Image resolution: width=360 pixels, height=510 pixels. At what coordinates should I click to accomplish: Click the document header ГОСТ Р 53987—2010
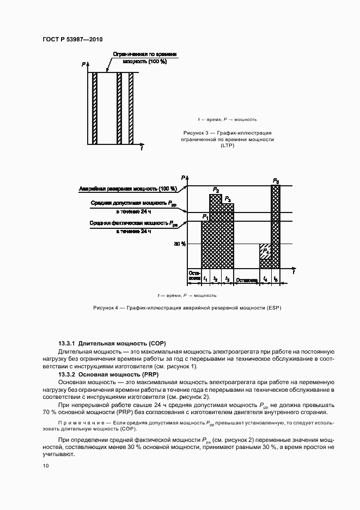pyautogui.click(x=72, y=39)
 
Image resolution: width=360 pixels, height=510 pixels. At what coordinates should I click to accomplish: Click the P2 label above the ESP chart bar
pyautogui.click(x=216, y=190)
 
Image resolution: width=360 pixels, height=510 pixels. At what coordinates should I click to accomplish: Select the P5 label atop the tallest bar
pyautogui.click(x=276, y=180)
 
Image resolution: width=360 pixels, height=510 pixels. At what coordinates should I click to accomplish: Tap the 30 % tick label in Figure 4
pyautogui.click(x=180, y=244)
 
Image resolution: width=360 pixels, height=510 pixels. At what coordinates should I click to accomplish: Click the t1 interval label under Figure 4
pyautogui.click(x=205, y=279)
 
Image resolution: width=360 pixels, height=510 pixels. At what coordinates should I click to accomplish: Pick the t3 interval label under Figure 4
pyautogui.click(x=227, y=279)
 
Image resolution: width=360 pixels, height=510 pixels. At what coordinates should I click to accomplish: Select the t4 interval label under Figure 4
pyautogui.click(x=265, y=279)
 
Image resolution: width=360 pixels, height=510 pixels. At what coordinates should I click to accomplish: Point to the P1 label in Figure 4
pyautogui.click(x=205, y=217)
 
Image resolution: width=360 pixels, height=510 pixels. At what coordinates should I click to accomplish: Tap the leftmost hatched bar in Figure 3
pyautogui.click(x=94, y=108)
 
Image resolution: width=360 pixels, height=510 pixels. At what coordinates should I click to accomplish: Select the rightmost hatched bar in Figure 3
pyautogui.click(x=131, y=108)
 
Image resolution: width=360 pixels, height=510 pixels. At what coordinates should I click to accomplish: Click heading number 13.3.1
pyautogui.click(x=67, y=344)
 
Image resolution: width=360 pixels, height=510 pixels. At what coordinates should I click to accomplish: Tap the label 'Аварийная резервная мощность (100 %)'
pyautogui.click(x=128, y=189)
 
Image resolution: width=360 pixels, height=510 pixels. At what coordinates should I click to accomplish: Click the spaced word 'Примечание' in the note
pyautogui.click(x=82, y=423)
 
